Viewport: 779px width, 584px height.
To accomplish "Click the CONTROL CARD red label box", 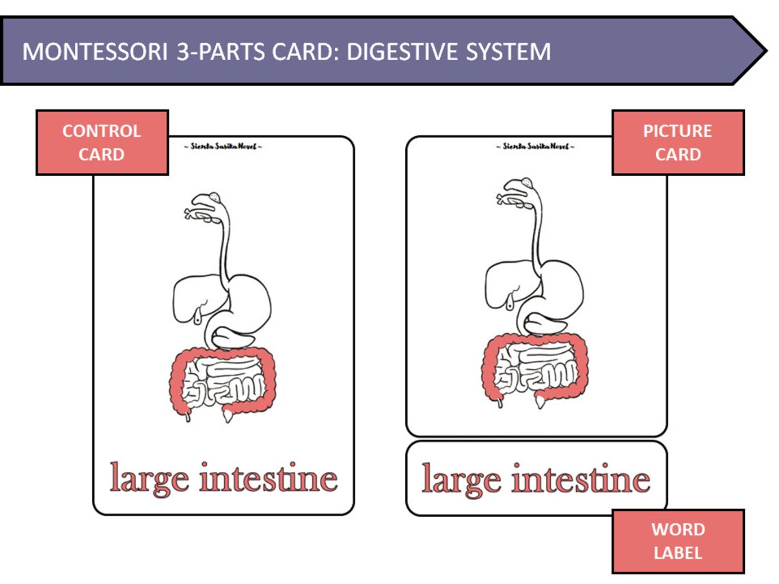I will click(102, 142).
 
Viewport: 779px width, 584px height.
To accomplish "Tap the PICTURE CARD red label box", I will click(677, 142).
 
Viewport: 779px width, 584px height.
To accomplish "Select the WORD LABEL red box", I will click(677, 541).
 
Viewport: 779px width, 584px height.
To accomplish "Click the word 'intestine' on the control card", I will click(269, 477).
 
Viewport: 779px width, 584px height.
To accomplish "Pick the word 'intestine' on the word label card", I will click(582, 479).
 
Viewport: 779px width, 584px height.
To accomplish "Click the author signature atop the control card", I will click(223, 146).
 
